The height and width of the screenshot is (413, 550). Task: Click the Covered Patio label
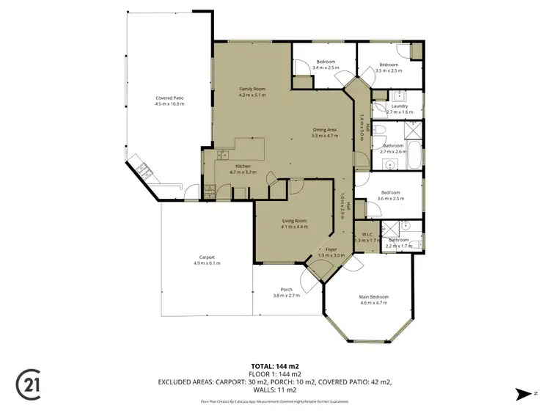(x=169, y=98)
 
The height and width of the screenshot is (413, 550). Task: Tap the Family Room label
(x=252, y=88)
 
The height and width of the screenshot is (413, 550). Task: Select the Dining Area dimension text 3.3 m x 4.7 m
(x=323, y=136)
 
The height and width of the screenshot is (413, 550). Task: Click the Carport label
(x=207, y=257)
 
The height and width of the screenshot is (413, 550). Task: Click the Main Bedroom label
(x=373, y=296)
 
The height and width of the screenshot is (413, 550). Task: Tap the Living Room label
(x=294, y=221)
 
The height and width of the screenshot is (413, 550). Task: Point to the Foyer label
(x=331, y=249)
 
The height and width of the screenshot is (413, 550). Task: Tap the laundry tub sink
(x=400, y=95)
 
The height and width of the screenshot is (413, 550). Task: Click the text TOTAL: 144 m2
(x=274, y=365)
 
